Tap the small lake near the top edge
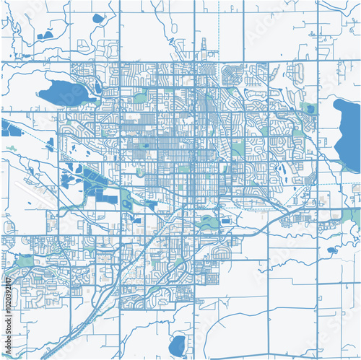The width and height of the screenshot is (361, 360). [x=97, y=18]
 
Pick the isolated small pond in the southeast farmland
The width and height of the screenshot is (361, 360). [x=331, y=250]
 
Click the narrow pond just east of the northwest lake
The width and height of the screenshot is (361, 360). [x=97, y=88]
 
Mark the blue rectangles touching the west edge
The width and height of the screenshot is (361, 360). [x=9, y=129]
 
